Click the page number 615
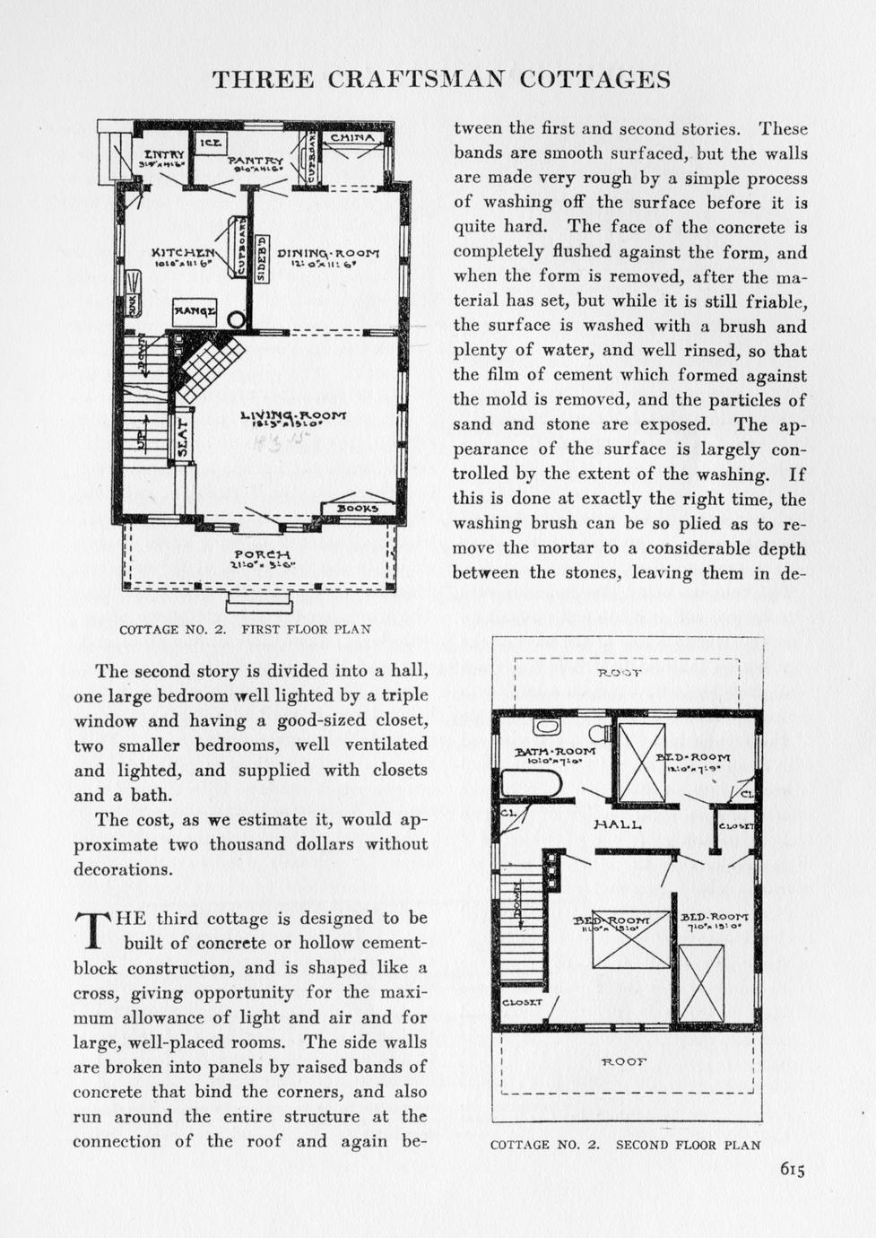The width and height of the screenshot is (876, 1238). [x=792, y=1169]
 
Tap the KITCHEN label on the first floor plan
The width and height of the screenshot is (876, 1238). [x=183, y=253]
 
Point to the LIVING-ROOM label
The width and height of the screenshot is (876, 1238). [x=293, y=415]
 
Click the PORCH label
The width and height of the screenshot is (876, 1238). [x=262, y=554]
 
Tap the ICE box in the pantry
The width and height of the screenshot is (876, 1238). [x=212, y=143]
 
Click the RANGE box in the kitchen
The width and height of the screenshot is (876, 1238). [x=195, y=311]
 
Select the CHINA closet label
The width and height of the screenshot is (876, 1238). [x=352, y=138]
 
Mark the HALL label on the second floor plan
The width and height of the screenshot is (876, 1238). [x=618, y=823]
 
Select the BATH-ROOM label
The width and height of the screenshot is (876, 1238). [x=555, y=751]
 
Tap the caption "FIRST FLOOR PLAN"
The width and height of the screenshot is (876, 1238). [x=306, y=629]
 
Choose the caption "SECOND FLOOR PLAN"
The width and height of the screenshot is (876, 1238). [x=688, y=1145]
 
